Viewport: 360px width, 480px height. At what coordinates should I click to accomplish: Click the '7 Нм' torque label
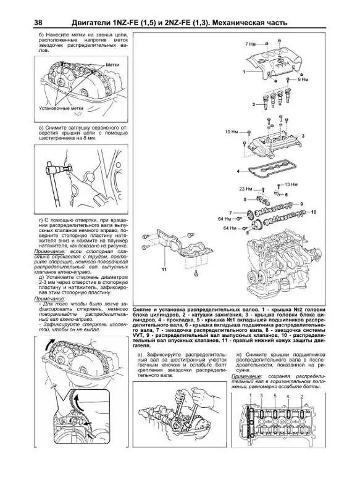[x=249, y=44]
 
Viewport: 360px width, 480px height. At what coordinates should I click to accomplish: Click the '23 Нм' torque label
[x=246, y=187]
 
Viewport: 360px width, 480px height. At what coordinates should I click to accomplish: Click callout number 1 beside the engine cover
[x=243, y=72]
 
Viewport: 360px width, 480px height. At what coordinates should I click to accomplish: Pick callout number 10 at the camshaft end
[x=313, y=212]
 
